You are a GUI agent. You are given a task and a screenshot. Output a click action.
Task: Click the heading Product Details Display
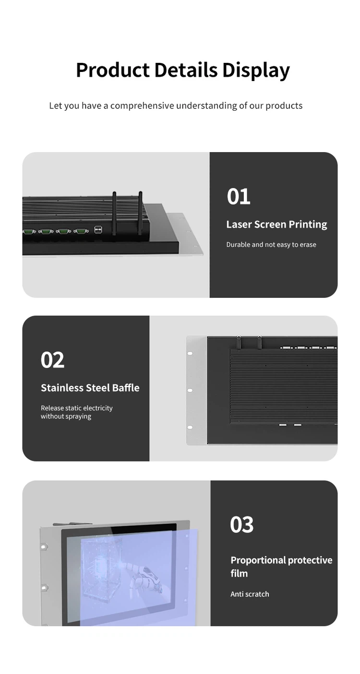(x=183, y=70)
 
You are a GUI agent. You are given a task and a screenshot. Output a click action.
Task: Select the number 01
(x=239, y=197)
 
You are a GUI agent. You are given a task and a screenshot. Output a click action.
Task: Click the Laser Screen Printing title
(x=276, y=225)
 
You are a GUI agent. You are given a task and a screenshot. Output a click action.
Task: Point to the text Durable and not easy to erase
(x=271, y=245)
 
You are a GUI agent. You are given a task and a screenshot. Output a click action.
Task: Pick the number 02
(x=52, y=360)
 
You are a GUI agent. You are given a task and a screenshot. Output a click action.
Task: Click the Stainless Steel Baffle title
(x=90, y=388)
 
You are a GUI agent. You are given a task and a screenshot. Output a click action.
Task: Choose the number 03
(x=241, y=524)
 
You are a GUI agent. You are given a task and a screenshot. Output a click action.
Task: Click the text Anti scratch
(x=250, y=594)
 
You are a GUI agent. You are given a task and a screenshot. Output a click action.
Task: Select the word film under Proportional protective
(x=239, y=574)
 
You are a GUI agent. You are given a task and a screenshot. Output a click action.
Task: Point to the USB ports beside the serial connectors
(x=98, y=230)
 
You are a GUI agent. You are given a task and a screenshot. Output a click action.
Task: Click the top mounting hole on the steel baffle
(x=190, y=353)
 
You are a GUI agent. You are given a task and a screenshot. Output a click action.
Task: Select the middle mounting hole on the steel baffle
(x=190, y=390)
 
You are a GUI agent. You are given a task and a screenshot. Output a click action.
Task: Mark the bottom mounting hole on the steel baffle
(x=190, y=427)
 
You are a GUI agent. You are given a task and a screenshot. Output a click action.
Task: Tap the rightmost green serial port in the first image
(x=81, y=231)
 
